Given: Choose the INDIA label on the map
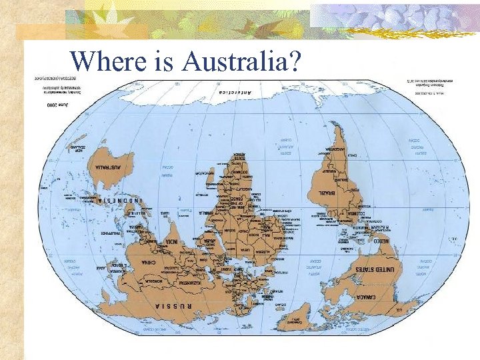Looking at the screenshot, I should pyautogui.click(x=173, y=241).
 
